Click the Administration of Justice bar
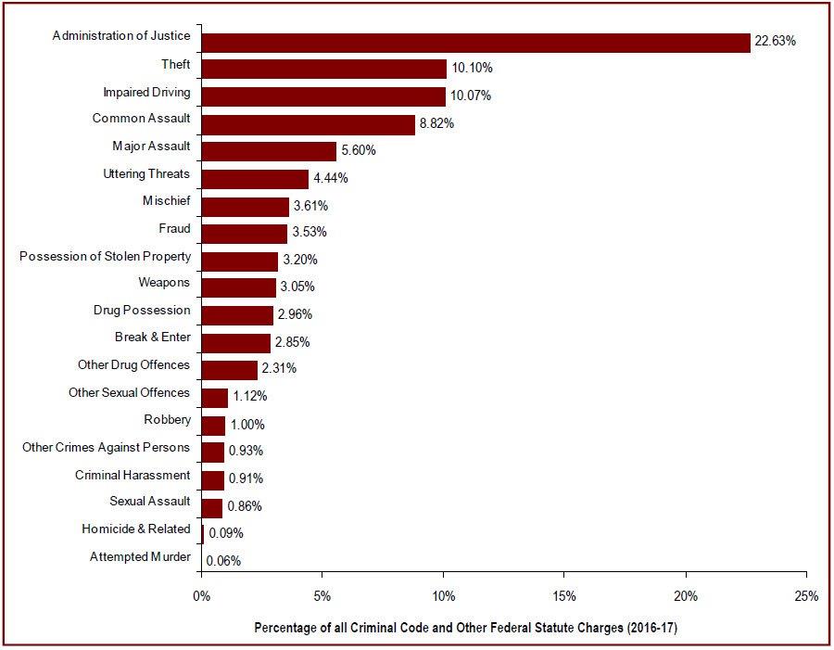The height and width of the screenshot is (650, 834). click(x=475, y=43)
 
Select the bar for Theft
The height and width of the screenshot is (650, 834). click(x=323, y=69)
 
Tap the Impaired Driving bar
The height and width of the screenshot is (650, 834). click(x=323, y=96)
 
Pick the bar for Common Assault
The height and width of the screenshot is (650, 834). click(x=308, y=124)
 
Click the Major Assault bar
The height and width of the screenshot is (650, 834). click(x=269, y=151)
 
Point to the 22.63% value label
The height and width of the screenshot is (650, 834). click(x=775, y=41)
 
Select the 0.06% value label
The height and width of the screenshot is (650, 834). click(x=223, y=560)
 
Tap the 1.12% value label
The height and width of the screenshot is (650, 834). click(x=249, y=396)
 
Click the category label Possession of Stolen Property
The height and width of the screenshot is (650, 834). click(x=105, y=256)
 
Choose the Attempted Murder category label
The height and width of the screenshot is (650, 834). click(x=140, y=556)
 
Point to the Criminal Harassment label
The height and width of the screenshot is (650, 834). click(x=133, y=475)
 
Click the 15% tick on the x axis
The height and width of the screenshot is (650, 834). click(x=564, y=596)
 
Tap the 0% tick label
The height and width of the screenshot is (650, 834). click(x=201, y=596)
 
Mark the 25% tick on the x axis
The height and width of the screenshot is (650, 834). click(x=806, y=596)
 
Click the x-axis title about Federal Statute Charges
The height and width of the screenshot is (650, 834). click(x=466, y=628)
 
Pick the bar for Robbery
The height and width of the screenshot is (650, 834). click(x=213, y=426)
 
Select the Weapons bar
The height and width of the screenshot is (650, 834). click(x=238, y=287)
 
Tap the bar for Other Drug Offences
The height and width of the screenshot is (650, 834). click(x=229, y=370)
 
